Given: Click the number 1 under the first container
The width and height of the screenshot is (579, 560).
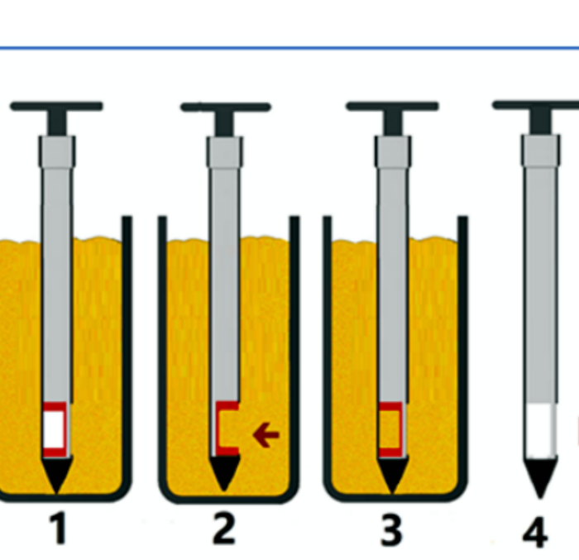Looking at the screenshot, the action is (x=59, y=529).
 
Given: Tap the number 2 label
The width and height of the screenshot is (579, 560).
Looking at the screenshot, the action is (x=224, y=529).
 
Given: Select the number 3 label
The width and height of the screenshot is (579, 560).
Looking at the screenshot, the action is (x=391, y=530).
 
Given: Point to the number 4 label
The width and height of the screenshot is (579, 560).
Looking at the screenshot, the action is (x=536, y=533).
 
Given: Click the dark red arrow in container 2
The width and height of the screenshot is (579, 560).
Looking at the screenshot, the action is (x=266, y=435).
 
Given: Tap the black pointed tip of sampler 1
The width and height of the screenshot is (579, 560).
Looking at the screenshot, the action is (x=57, y=476).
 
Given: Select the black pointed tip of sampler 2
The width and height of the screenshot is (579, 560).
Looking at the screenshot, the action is (x=224, y=473).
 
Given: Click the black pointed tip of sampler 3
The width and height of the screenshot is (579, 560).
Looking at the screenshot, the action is (x=393, y=476).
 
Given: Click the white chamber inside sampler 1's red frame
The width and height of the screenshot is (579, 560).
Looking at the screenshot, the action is (x=55, y=429).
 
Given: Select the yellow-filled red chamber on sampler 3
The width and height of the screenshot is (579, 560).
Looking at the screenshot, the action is (x=390, y=429).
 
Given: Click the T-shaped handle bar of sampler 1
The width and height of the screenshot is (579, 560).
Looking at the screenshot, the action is (x=57, y=107).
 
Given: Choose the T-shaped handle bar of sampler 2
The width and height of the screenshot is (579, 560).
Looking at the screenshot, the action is (x=226, y=108).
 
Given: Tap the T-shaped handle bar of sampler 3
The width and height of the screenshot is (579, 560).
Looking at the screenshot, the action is (x=392, y=107).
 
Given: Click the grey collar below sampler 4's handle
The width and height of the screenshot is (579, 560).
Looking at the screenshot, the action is (x=541, y=151).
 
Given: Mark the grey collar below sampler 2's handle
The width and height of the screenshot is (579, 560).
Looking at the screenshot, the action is (x=225, y=152).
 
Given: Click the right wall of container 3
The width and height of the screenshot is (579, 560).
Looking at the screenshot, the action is (x=463, y=351).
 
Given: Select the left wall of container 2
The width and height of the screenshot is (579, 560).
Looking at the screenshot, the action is (x=163, y=351).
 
